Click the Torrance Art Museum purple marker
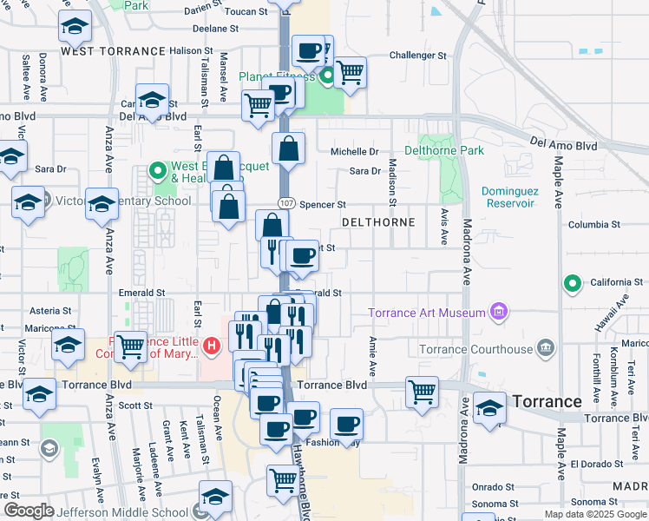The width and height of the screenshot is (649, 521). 498,311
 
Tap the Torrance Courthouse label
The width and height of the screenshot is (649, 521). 475,349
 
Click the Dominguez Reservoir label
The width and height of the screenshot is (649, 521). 508,197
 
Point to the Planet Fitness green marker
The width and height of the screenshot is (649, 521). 328,77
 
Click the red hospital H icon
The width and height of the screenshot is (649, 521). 211,348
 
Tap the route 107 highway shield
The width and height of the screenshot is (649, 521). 285,202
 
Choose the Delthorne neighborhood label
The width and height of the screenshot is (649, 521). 378,222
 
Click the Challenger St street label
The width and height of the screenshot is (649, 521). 417,55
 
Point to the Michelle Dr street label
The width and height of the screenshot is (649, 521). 354,151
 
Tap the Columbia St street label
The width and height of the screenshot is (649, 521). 594,224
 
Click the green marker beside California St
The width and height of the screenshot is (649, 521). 572,283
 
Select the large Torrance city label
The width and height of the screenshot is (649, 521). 547,401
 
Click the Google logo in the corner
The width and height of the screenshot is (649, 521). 29,511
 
